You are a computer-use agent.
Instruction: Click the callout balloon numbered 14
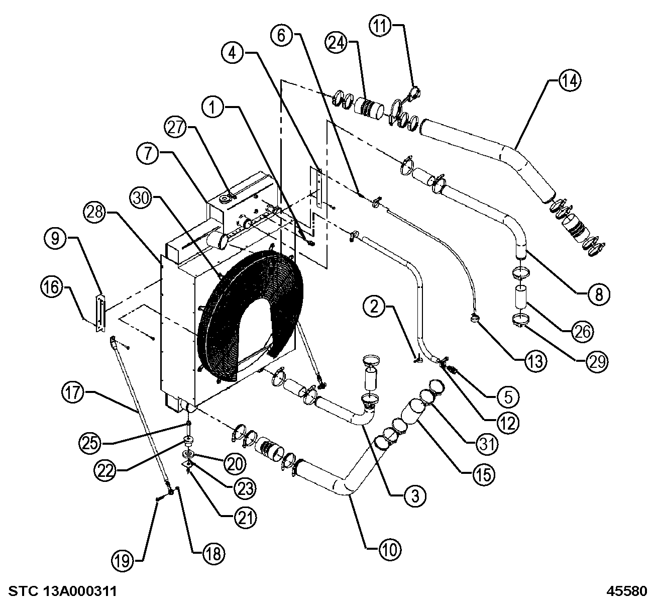[x=570, y=80]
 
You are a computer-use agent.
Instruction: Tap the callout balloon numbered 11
[x=380, y=26]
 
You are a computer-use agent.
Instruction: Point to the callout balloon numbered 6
[x=281, y=35]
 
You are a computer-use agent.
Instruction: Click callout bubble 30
[x=141, y=198]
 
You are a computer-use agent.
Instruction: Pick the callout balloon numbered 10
[x=390, y=549]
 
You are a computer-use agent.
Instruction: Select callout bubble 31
[x=487, y=444]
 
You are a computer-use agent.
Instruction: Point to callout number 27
[x=176, y=127]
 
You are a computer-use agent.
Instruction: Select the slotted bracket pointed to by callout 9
[x=100, y=313]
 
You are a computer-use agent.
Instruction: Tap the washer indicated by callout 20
[x=188, y=455]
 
